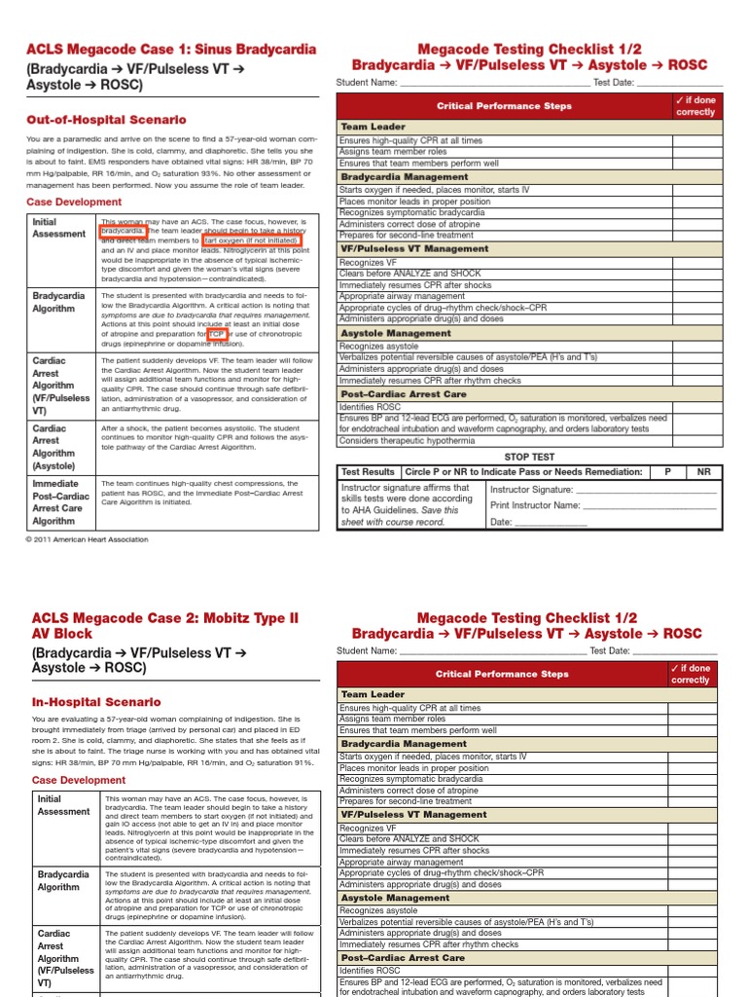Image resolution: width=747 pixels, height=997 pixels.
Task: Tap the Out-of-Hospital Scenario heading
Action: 106,120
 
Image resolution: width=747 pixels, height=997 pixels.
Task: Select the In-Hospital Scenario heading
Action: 96,701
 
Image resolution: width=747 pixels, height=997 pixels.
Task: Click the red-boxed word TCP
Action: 216,333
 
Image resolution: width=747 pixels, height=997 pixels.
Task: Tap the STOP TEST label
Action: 529,456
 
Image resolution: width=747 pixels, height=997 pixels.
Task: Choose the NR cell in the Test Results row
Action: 703,471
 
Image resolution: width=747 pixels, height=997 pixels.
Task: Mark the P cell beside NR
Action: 667,471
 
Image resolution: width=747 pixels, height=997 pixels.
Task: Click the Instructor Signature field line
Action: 646,490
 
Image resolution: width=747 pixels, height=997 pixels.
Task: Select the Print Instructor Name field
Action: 648,505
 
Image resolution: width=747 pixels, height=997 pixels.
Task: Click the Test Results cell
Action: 368,471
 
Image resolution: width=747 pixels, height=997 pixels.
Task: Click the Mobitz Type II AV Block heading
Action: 164,625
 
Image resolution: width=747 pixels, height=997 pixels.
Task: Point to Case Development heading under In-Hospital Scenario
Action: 78,780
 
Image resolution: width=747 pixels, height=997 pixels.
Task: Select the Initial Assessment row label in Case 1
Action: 58,228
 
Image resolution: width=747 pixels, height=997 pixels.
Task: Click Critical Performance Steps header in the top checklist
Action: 503,105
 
